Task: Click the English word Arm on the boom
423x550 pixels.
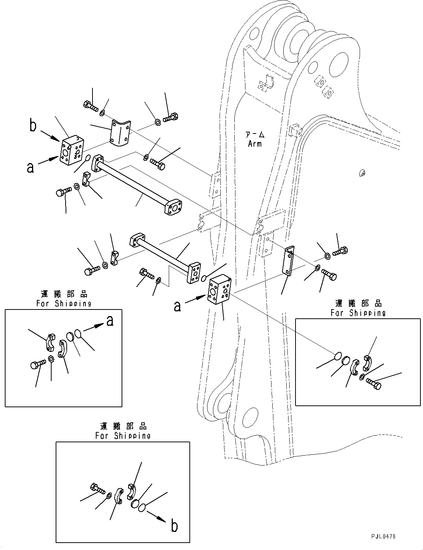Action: (x=255, y=143)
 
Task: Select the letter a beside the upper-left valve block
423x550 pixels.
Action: (x=31, y=167)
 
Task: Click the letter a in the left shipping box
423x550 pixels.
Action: (x=110, y=321)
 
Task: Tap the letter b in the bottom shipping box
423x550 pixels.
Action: (x=174, y=526)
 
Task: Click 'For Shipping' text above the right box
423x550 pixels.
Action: (x=358, y=313)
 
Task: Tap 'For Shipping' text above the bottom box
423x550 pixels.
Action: (x=123, y=436)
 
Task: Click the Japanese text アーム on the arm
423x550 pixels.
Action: (x=256, y=135)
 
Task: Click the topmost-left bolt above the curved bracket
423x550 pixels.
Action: (x=90, y=106)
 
